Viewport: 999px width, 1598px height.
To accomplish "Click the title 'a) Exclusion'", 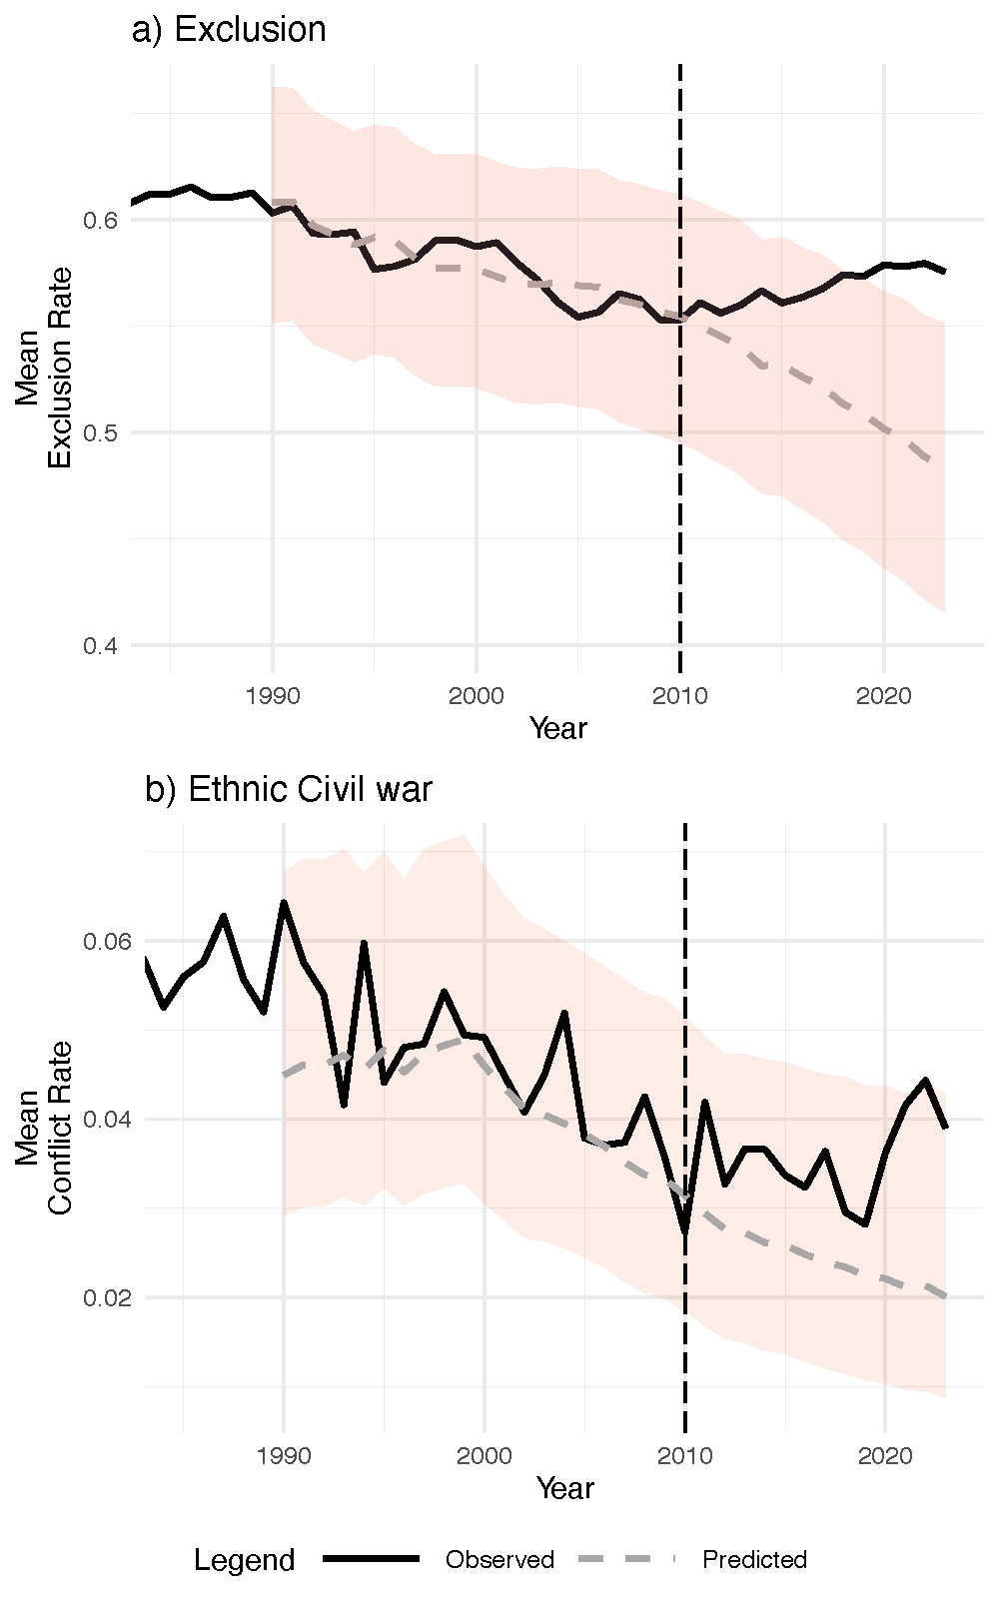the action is coord(229,30).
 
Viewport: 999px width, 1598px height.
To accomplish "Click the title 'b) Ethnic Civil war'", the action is coord(289,790).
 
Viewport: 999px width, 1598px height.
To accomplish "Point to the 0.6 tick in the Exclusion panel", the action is coord(101,220).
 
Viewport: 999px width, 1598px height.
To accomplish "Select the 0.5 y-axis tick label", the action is coord(101,432).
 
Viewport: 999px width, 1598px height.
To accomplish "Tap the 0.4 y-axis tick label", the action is coord(101,645).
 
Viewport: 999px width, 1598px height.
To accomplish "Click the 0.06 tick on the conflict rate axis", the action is coord(108,941).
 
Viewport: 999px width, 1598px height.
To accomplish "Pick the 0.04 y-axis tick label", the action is coord(108,1119).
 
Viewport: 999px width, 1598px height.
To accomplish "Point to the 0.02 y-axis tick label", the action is coord(108,1297).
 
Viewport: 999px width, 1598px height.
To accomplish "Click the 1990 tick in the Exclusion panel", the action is coord(273,695).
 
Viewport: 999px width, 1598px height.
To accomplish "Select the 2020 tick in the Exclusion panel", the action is coord(884,695).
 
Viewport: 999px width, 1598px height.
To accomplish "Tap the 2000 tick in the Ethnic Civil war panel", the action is coord(485,1454).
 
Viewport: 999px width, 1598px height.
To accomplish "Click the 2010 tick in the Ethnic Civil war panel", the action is coord(685,1454).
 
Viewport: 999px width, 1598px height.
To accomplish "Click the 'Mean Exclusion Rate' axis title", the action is coord(43,368).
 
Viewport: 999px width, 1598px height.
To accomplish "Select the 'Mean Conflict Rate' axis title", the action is coord(43,1128).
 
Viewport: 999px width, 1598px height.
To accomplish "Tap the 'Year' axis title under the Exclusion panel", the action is coord(558,728).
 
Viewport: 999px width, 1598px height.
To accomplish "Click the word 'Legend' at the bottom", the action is coord(244,1560).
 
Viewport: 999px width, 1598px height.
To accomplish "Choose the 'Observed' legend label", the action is coord(499,1559).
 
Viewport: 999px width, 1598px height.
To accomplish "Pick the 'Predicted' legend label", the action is coord(754,1559).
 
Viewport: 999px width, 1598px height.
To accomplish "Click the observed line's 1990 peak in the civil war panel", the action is coord(284,902).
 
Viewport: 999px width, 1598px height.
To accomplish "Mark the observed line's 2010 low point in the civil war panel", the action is coord(685,1229).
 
